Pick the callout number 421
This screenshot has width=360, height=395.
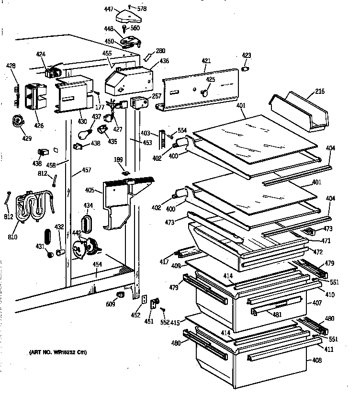206,61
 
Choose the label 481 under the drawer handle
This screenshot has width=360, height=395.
277,314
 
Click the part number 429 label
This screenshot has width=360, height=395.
27,138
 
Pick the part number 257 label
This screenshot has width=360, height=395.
157,96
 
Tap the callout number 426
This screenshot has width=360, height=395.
38,126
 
